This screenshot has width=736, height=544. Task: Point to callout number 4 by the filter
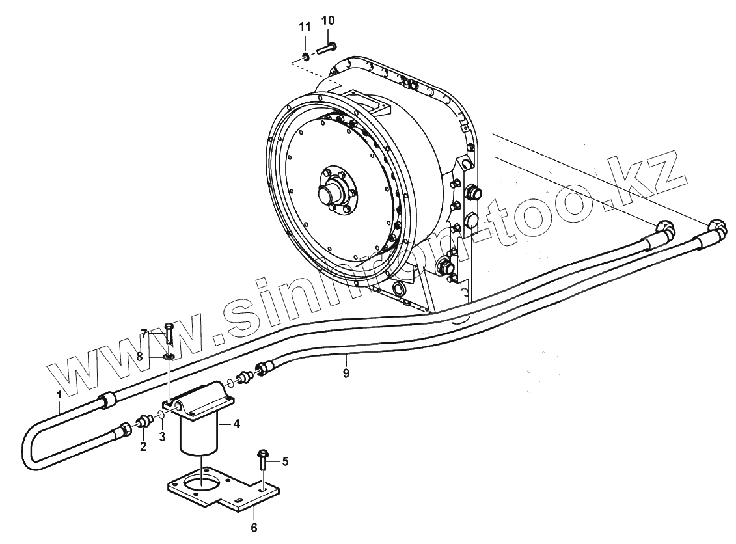click(x=237, y=424)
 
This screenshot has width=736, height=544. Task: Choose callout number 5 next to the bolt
click(x=284, y=461)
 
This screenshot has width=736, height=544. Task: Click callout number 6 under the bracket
click(x=254, y=526)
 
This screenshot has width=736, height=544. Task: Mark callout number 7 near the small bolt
click(x=144, y=334)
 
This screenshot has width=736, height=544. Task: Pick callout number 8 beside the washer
click(x=139, y=356)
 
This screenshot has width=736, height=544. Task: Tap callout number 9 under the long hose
click(x=346, y=373)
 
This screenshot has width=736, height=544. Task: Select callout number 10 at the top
click(x=328, y=21)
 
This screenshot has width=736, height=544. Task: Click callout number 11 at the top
click(x=305, y=27)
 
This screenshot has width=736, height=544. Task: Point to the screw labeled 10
click(x=327, y=48)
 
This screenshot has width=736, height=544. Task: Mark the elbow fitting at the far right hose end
click(x=716, y=228)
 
